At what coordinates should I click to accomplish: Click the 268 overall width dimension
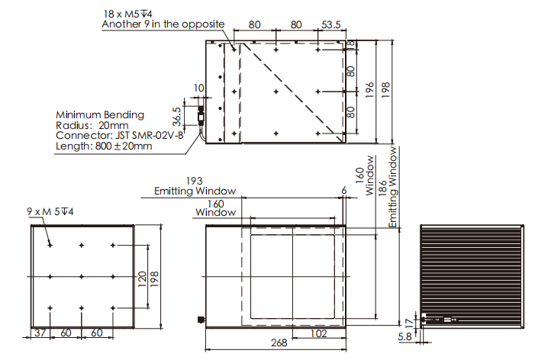279,342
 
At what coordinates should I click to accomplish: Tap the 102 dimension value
319,333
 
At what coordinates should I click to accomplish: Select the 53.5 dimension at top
331,24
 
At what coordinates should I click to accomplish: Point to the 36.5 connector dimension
176,117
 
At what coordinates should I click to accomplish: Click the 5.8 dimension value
404,337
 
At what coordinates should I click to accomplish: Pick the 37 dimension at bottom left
40,333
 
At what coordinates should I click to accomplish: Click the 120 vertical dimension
142,279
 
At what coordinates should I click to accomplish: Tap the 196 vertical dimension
369,90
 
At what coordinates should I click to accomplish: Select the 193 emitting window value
194,181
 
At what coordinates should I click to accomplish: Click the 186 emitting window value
382,188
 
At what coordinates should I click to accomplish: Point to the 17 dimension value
409,322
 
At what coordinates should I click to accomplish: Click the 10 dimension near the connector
198,88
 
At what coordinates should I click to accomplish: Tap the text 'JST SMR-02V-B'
149,135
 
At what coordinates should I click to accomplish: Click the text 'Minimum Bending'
100,114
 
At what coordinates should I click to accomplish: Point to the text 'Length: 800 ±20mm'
104,146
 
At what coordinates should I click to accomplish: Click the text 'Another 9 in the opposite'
163,24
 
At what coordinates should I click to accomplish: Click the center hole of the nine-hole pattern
81,276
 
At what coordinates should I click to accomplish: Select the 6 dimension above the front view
344,190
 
